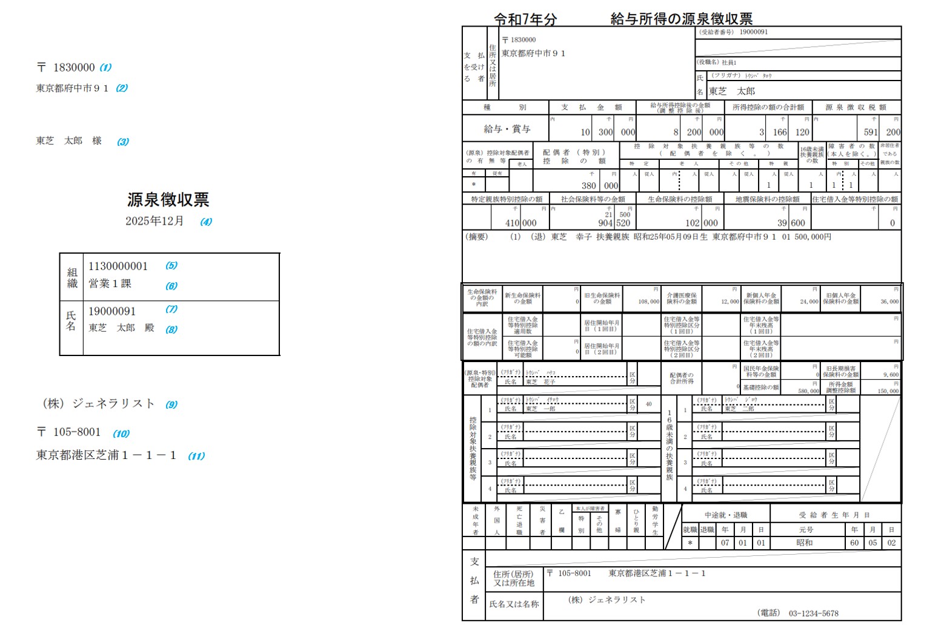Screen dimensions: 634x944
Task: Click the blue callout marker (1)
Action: coord(105,68)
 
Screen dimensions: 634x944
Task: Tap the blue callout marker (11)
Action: coord(196,456)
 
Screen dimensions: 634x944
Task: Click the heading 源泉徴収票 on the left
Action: coord(168,200)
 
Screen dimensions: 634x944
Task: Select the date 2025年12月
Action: coord(155,221)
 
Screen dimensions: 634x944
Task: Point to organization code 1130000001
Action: coord(118,266)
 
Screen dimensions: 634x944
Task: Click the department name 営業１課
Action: coord(110,283)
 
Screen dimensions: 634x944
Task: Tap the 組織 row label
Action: coord(72,277)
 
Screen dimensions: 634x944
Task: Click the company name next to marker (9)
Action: coord(99,404)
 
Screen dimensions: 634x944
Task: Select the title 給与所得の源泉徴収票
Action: coord(681,19)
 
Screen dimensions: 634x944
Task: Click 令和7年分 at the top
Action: coord(525,19)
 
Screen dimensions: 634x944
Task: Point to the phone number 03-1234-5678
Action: coord(813,613)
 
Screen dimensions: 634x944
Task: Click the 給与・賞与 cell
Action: coord(507,129)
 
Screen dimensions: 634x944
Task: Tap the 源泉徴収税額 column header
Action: coord(856,107)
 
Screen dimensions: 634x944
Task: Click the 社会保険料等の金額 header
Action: coord(593,199)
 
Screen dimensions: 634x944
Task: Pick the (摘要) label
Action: coord(476,237)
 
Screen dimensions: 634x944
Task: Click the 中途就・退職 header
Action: coord(725,515)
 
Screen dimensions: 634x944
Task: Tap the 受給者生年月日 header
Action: coord(834,515)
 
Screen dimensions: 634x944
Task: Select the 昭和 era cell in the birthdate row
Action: coord(804,543)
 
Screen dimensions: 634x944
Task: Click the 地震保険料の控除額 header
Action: coord(767,199)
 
